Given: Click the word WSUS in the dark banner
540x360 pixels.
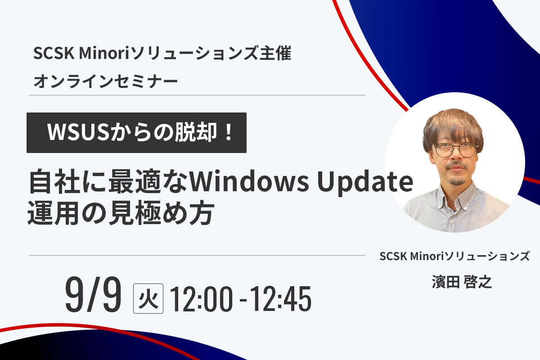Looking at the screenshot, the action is pos(78,132).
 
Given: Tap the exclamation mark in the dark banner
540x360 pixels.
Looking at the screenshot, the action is pos(228,132).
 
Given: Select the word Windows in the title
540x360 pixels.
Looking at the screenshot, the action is pos(249,182).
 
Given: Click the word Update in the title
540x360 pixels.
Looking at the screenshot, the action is pos(365,183).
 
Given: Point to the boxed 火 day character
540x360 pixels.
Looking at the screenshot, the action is pos(148,298).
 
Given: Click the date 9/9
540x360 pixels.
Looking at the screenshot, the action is pos(93,295).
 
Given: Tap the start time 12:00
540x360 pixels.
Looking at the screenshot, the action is pos(201,299).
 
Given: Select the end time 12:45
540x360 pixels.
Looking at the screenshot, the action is pos(280,299).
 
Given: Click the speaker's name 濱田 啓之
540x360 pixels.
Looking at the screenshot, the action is pos(462,282).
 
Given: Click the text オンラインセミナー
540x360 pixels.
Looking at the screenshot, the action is pos(106,81).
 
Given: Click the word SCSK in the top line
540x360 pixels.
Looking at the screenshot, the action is pos(54,53).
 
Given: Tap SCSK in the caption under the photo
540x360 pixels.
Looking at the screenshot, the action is pos(393,256).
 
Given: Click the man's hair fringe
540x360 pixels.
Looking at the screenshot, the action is pos(453,130).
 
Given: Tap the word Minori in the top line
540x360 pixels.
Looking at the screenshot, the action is pos(104,53).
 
